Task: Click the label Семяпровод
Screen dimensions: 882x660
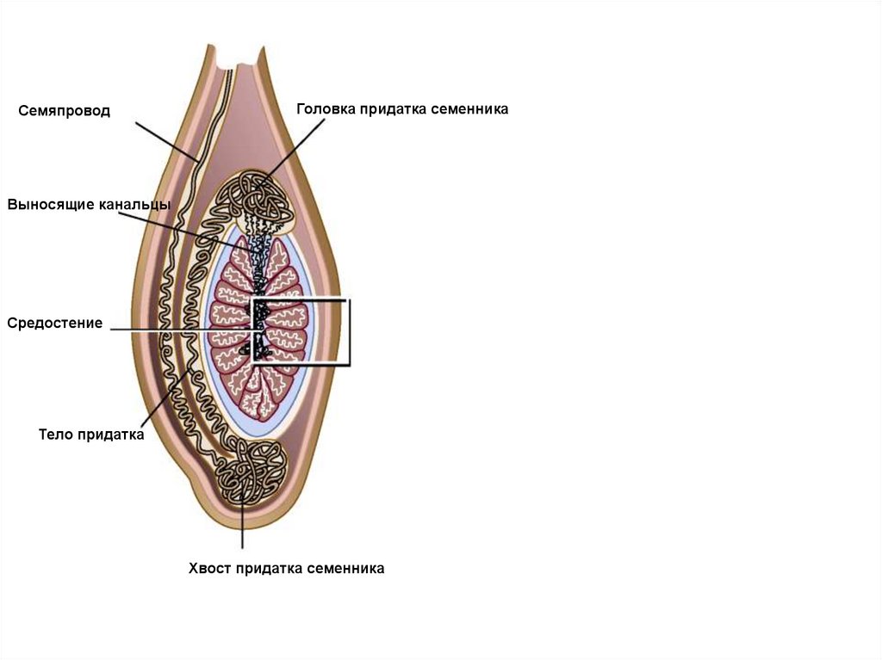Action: pos(65,111)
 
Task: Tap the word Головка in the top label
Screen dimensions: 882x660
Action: pos(326,109)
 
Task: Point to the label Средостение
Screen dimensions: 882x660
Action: pos(55,324)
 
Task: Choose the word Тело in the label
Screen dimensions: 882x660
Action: pos(56,435)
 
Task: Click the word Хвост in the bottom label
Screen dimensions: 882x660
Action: pos(209,568)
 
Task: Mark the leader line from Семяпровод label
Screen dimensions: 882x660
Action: pos(168,141)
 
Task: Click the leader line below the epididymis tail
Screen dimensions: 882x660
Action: pos(242,525)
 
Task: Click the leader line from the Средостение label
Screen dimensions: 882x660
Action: pos(181,330)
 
